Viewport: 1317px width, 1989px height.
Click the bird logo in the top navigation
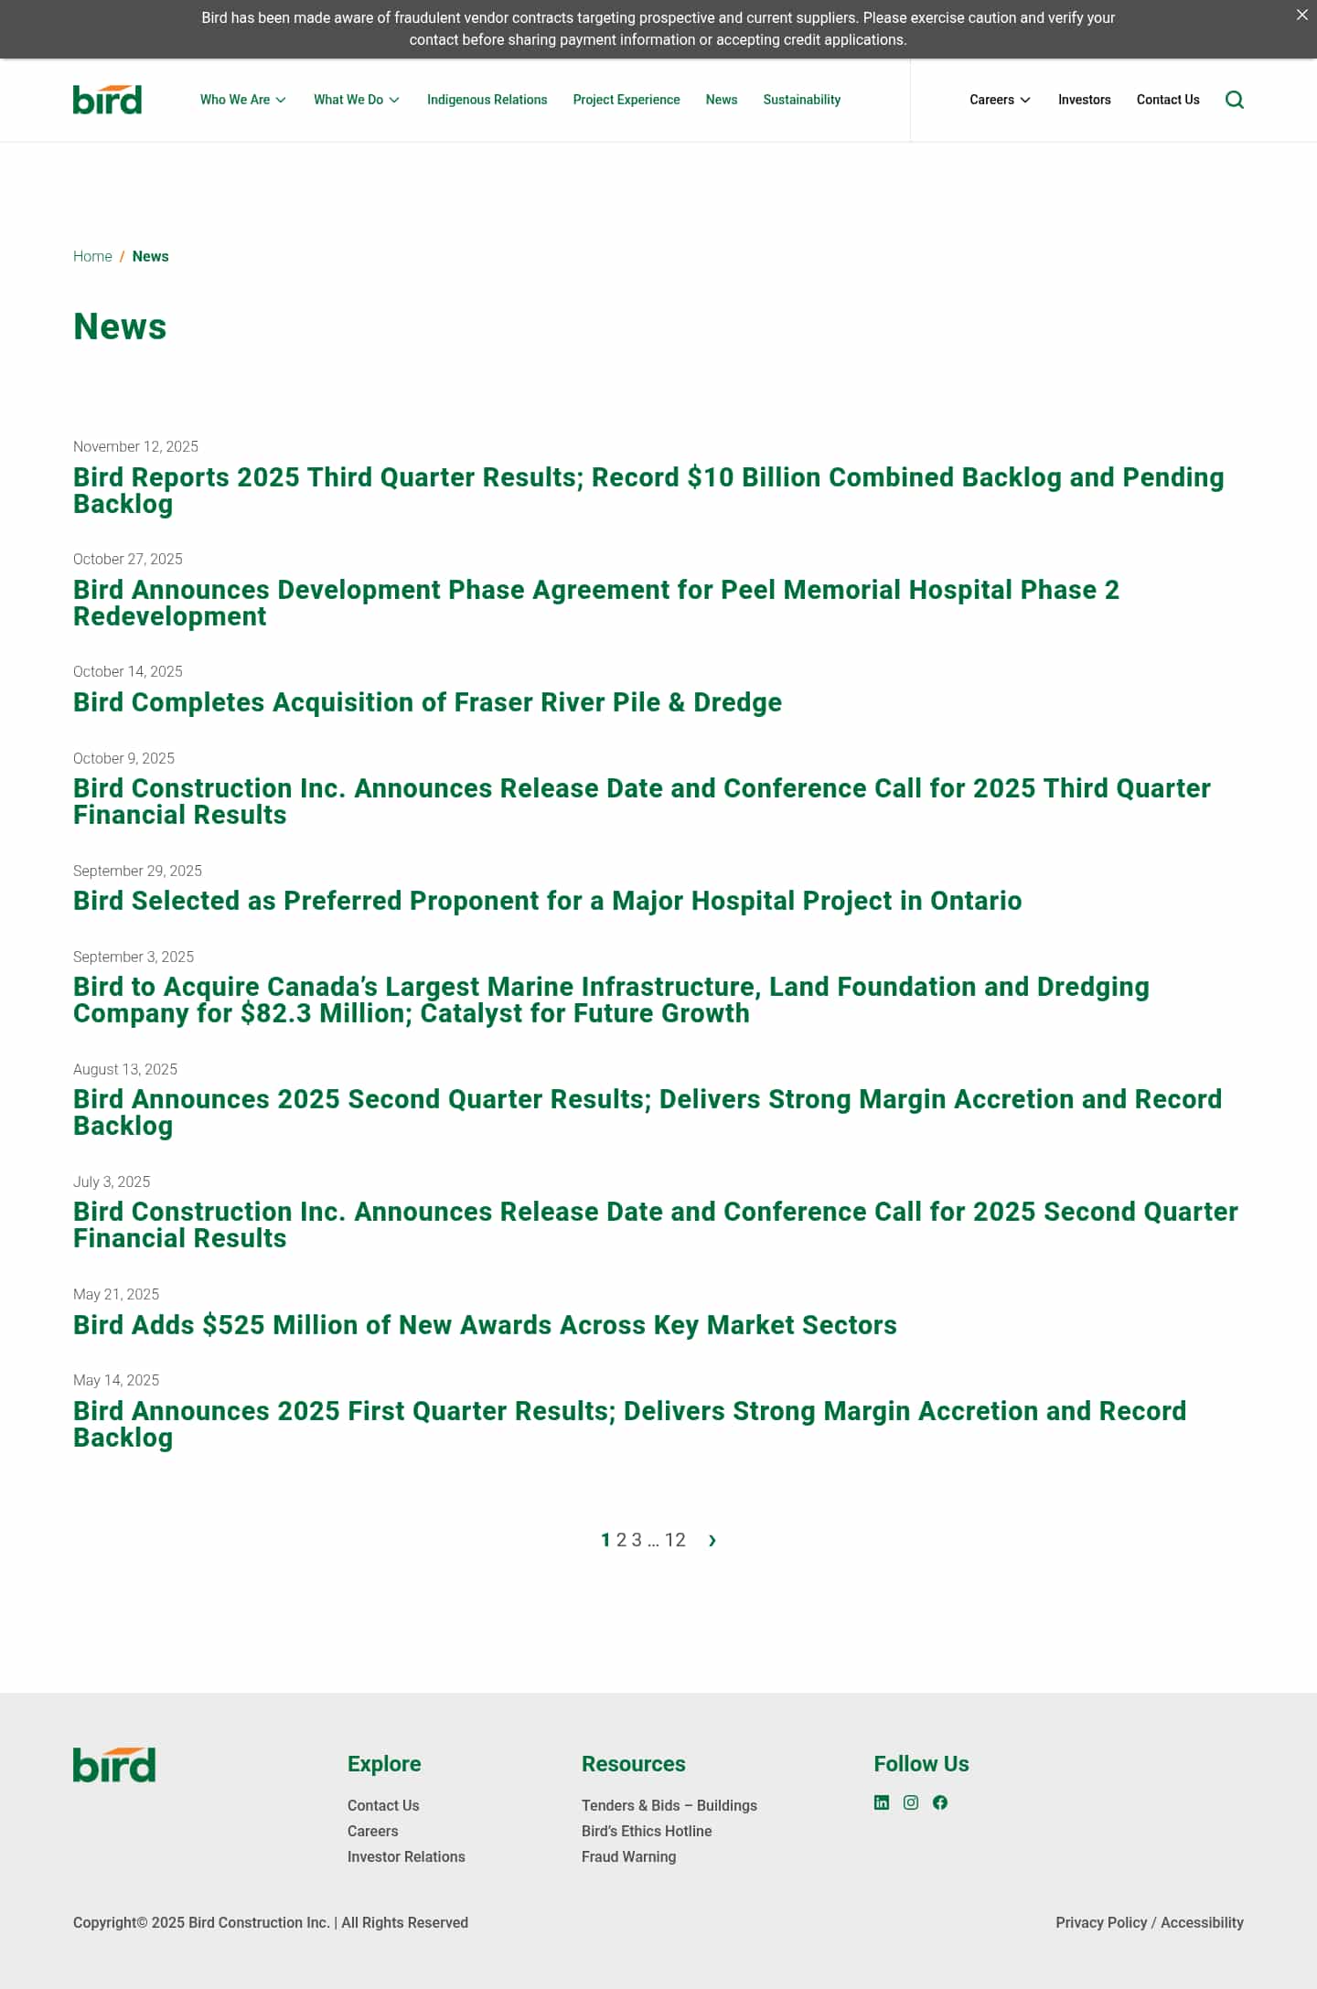coord(107,100)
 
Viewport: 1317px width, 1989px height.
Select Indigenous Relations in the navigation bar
coord(487,100)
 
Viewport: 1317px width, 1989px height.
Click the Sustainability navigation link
coord(801,100)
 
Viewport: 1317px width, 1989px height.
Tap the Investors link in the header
coord(1084,100)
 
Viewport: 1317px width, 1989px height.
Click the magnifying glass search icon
coord(1234,100)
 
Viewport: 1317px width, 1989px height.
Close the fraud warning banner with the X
coord(1301,15)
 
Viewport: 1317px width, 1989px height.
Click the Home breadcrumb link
coord(92,256)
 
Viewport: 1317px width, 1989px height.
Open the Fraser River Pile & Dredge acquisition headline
coord(427,702)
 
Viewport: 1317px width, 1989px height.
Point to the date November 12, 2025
coord(135,446)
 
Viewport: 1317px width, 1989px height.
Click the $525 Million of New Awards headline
coord(485,1325)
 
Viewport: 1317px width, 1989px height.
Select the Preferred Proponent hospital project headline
coord(547,901)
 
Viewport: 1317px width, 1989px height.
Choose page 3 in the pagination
coord(637,1540)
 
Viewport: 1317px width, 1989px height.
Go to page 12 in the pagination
coord(675,1540)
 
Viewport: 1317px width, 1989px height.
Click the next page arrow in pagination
coord(712,1541)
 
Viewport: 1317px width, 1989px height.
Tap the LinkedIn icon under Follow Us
coord(882,1802)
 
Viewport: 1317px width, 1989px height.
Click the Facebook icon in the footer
coord(940,1802)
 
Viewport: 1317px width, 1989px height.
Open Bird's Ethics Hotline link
coord(647,1831)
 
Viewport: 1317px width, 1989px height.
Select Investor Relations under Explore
coord(406,1856)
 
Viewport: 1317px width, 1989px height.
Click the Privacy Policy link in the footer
coord(1101,1922)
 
